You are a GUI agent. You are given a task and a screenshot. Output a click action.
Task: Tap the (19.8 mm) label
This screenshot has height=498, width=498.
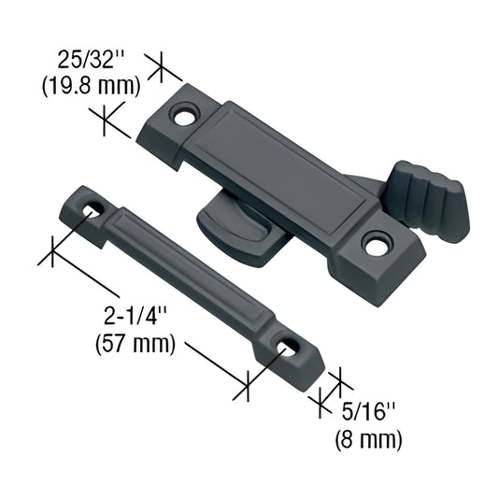92,87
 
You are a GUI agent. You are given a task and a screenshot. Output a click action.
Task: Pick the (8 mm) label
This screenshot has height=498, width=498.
369,436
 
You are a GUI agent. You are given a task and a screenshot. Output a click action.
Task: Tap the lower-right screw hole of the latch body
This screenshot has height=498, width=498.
377,246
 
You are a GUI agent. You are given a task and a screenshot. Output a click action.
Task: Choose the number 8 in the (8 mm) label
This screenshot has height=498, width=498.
352,436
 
